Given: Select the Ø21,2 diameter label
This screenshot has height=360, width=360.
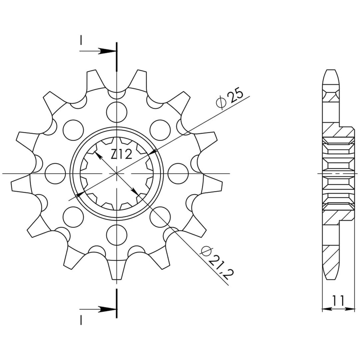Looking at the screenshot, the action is click(217, 261).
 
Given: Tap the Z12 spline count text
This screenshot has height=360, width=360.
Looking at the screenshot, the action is click(121, 155).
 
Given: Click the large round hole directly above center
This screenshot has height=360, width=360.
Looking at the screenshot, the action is click(117, 112).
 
